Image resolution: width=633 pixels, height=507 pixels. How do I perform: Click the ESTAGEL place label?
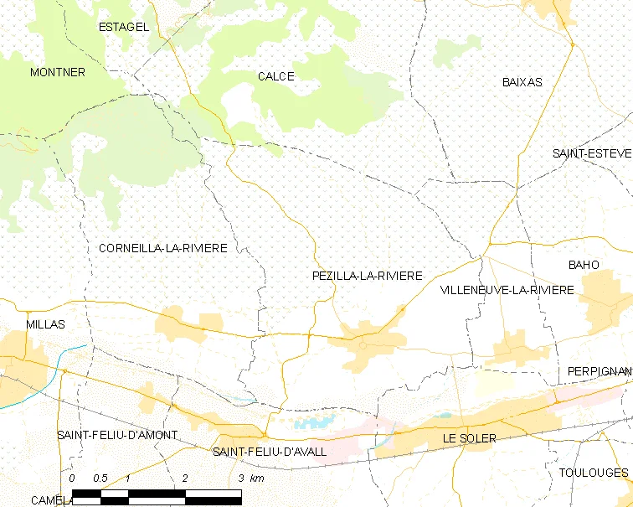(124, 27)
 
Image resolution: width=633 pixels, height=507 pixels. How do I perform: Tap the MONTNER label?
(58, 73)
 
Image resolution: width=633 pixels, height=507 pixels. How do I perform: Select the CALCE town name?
(276, 76)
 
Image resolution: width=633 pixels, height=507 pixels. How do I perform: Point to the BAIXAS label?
(522, 82)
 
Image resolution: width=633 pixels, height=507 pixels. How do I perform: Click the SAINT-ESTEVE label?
(591, 153)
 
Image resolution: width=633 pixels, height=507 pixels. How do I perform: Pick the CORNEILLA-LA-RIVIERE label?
(163, 249)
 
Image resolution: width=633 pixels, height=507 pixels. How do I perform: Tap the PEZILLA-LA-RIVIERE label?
(367, 276)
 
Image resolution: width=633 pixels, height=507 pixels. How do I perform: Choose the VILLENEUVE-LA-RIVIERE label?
(507, 290)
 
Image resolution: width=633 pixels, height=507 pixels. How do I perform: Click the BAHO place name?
(584, 265)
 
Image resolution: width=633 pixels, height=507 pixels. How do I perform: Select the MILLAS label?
(46, 323)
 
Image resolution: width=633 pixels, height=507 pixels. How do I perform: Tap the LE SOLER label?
(470, 438)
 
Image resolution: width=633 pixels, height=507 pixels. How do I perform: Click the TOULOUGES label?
(594, 473)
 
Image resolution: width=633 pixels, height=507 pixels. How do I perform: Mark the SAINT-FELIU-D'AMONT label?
(117, 435)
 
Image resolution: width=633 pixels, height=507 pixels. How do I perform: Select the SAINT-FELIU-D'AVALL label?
(270, 452)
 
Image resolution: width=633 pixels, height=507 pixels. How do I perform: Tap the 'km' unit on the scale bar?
(257, 478)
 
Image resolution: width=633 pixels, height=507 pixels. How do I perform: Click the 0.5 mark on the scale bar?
(100, 478)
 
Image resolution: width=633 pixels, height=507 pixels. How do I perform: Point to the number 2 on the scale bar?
(184, 478)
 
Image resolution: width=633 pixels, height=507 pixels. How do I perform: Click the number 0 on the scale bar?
(72, 478)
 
